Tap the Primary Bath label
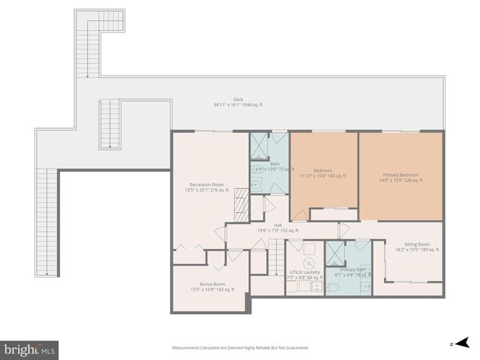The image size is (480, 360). (352, 272)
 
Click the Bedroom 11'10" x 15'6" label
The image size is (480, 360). (323, 173)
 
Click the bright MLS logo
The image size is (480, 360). (30, 349)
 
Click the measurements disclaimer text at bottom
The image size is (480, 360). (239, 348)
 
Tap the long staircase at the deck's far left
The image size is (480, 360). (48, 222)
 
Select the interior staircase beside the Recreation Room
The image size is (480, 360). (241, 205)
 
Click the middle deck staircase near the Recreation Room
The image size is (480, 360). (110, 124)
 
